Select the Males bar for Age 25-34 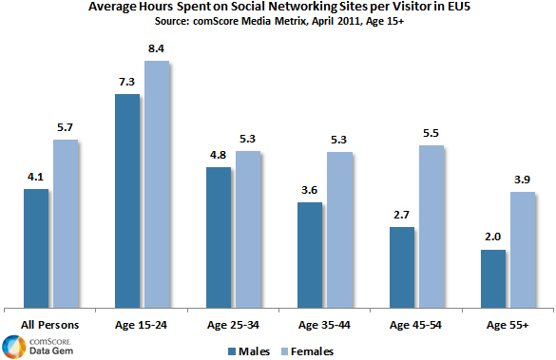219,237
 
